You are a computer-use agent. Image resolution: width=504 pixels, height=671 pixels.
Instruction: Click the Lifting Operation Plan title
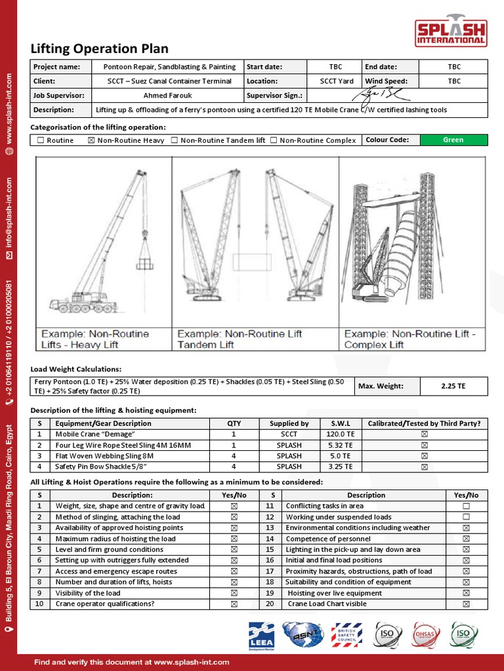[100, 49]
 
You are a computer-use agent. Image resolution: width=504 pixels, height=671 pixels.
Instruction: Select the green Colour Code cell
[453, 140]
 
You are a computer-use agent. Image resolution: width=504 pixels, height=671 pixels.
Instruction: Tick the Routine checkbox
[41, 140]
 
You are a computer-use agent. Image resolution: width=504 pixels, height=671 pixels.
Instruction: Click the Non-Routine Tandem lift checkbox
[175, 140]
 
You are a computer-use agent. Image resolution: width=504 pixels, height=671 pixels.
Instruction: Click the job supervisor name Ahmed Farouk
[169, 96]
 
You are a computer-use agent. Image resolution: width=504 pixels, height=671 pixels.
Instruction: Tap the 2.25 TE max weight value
[453, 386]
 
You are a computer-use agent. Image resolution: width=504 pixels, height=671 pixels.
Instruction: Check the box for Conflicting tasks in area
[466, 507]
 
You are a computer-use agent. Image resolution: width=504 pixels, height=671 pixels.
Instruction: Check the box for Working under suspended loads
[466, 517]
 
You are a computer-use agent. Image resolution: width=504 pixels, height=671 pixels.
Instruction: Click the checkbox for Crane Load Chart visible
[466, 604]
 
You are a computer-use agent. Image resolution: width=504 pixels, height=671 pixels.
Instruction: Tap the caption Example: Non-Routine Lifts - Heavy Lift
[96, 339]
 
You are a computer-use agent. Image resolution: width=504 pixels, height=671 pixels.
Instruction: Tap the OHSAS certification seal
[425, 634]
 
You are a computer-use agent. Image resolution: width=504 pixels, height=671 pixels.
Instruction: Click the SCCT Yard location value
[337, 81]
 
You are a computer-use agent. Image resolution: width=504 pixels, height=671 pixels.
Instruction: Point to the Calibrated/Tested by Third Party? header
[424, 423]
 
